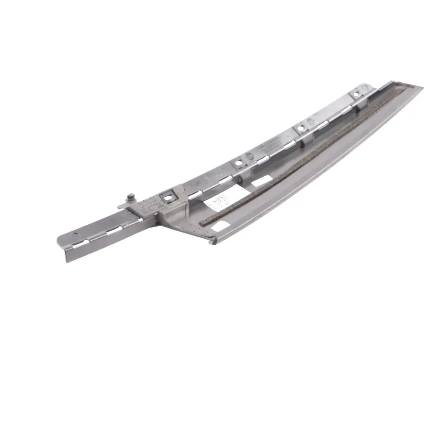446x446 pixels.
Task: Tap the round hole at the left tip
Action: (76, 235)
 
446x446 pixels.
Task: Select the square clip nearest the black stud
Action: (168, 198)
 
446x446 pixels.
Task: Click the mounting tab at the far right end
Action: (356, 95)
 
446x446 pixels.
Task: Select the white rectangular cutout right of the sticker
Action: (261, 181)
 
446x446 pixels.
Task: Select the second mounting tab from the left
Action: (238, 163)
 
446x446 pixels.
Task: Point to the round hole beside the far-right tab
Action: (365, 88)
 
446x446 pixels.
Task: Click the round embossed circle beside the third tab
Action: (310, 122)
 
